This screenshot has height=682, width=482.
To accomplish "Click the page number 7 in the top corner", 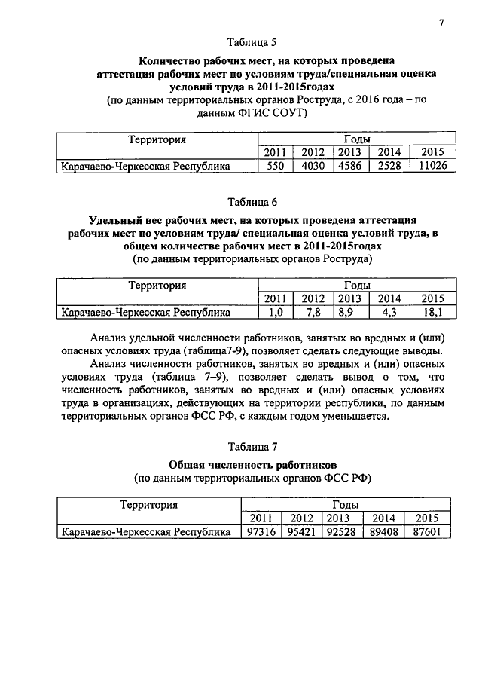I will pyautogui.click(x=441, y=23).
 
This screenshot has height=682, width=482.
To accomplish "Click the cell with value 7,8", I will pyautogui.click(x=313, y=312).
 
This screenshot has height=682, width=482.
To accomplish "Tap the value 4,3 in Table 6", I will pyautogui.click(x=389, y=312).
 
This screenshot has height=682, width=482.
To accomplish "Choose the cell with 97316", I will pyautogui.click(x=261, y=532).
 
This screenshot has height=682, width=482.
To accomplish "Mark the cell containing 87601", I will pyautogui.click(x=426, y=532).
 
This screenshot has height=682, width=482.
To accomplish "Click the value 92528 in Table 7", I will pyautogui.click(x=340, y=532).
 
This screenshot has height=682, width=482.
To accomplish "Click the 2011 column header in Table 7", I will pyautogui.click(x=261, y=518).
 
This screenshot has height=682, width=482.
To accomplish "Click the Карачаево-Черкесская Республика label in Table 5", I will pyautogui.click(x=145, y=167).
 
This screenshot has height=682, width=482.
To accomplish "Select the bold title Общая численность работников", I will pyautogui.click(x=252, y=463).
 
